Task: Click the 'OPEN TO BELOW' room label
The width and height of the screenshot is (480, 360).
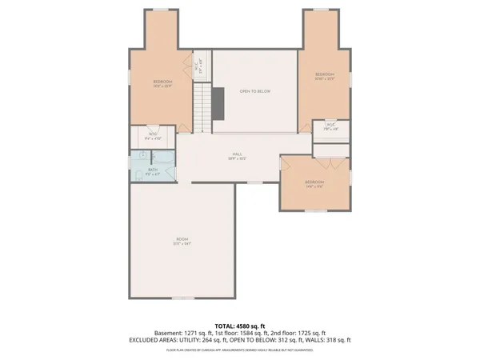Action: point(255,91)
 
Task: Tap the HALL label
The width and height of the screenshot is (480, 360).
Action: point(238,154)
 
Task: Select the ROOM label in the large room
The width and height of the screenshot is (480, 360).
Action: point(183,239)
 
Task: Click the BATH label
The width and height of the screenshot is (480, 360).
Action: point(153,170)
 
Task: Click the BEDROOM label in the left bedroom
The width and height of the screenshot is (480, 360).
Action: point(162,82)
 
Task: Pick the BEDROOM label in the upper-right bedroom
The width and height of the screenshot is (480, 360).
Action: point(324,75)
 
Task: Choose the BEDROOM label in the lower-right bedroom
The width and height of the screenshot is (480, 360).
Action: point(314,182)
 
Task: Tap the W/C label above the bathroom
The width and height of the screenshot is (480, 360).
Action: point(152,135)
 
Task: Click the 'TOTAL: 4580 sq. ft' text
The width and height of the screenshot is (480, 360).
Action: point(240,326)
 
